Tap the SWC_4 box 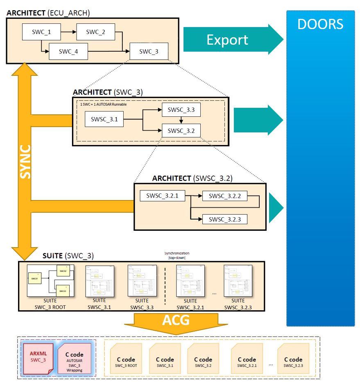click(x=68, y=51)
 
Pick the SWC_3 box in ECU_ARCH click(x=148, y=51)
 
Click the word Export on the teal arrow click(x=227, y=40)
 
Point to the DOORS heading click(x=320, y=24)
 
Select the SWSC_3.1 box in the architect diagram click(x=104, y=119)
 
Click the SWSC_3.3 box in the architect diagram click(x=181, y=110)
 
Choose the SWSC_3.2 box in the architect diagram click(x=181, y=131)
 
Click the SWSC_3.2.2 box click(x=225, y=196)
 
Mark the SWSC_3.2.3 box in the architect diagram click(x=225, y=219)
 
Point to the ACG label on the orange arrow click(x=176, y=320)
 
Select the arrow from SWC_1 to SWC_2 click(x=69, y=31)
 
